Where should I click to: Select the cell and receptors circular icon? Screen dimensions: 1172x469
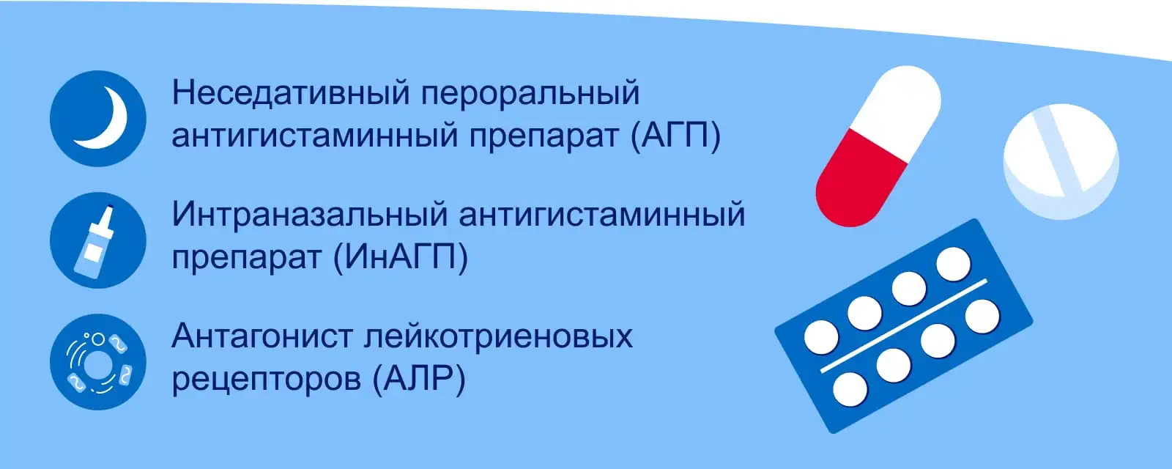coord(98,362)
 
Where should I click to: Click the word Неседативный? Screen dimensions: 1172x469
coord(290,93)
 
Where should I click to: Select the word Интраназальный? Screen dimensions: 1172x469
coord(308,215)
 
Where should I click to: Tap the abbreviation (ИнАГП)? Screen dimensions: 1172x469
coord(401,258)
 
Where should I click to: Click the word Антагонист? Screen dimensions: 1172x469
coord(262,336)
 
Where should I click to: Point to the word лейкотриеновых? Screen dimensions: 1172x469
coord(498,336)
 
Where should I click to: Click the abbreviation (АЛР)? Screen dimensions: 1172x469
coord(418,379)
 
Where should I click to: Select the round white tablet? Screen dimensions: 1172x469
coord(1061,161)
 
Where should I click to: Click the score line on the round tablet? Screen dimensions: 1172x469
coord(1057,149)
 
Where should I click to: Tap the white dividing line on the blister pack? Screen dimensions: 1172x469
coord(904,325)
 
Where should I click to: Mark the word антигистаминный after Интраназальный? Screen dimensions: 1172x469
coord(602,215)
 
